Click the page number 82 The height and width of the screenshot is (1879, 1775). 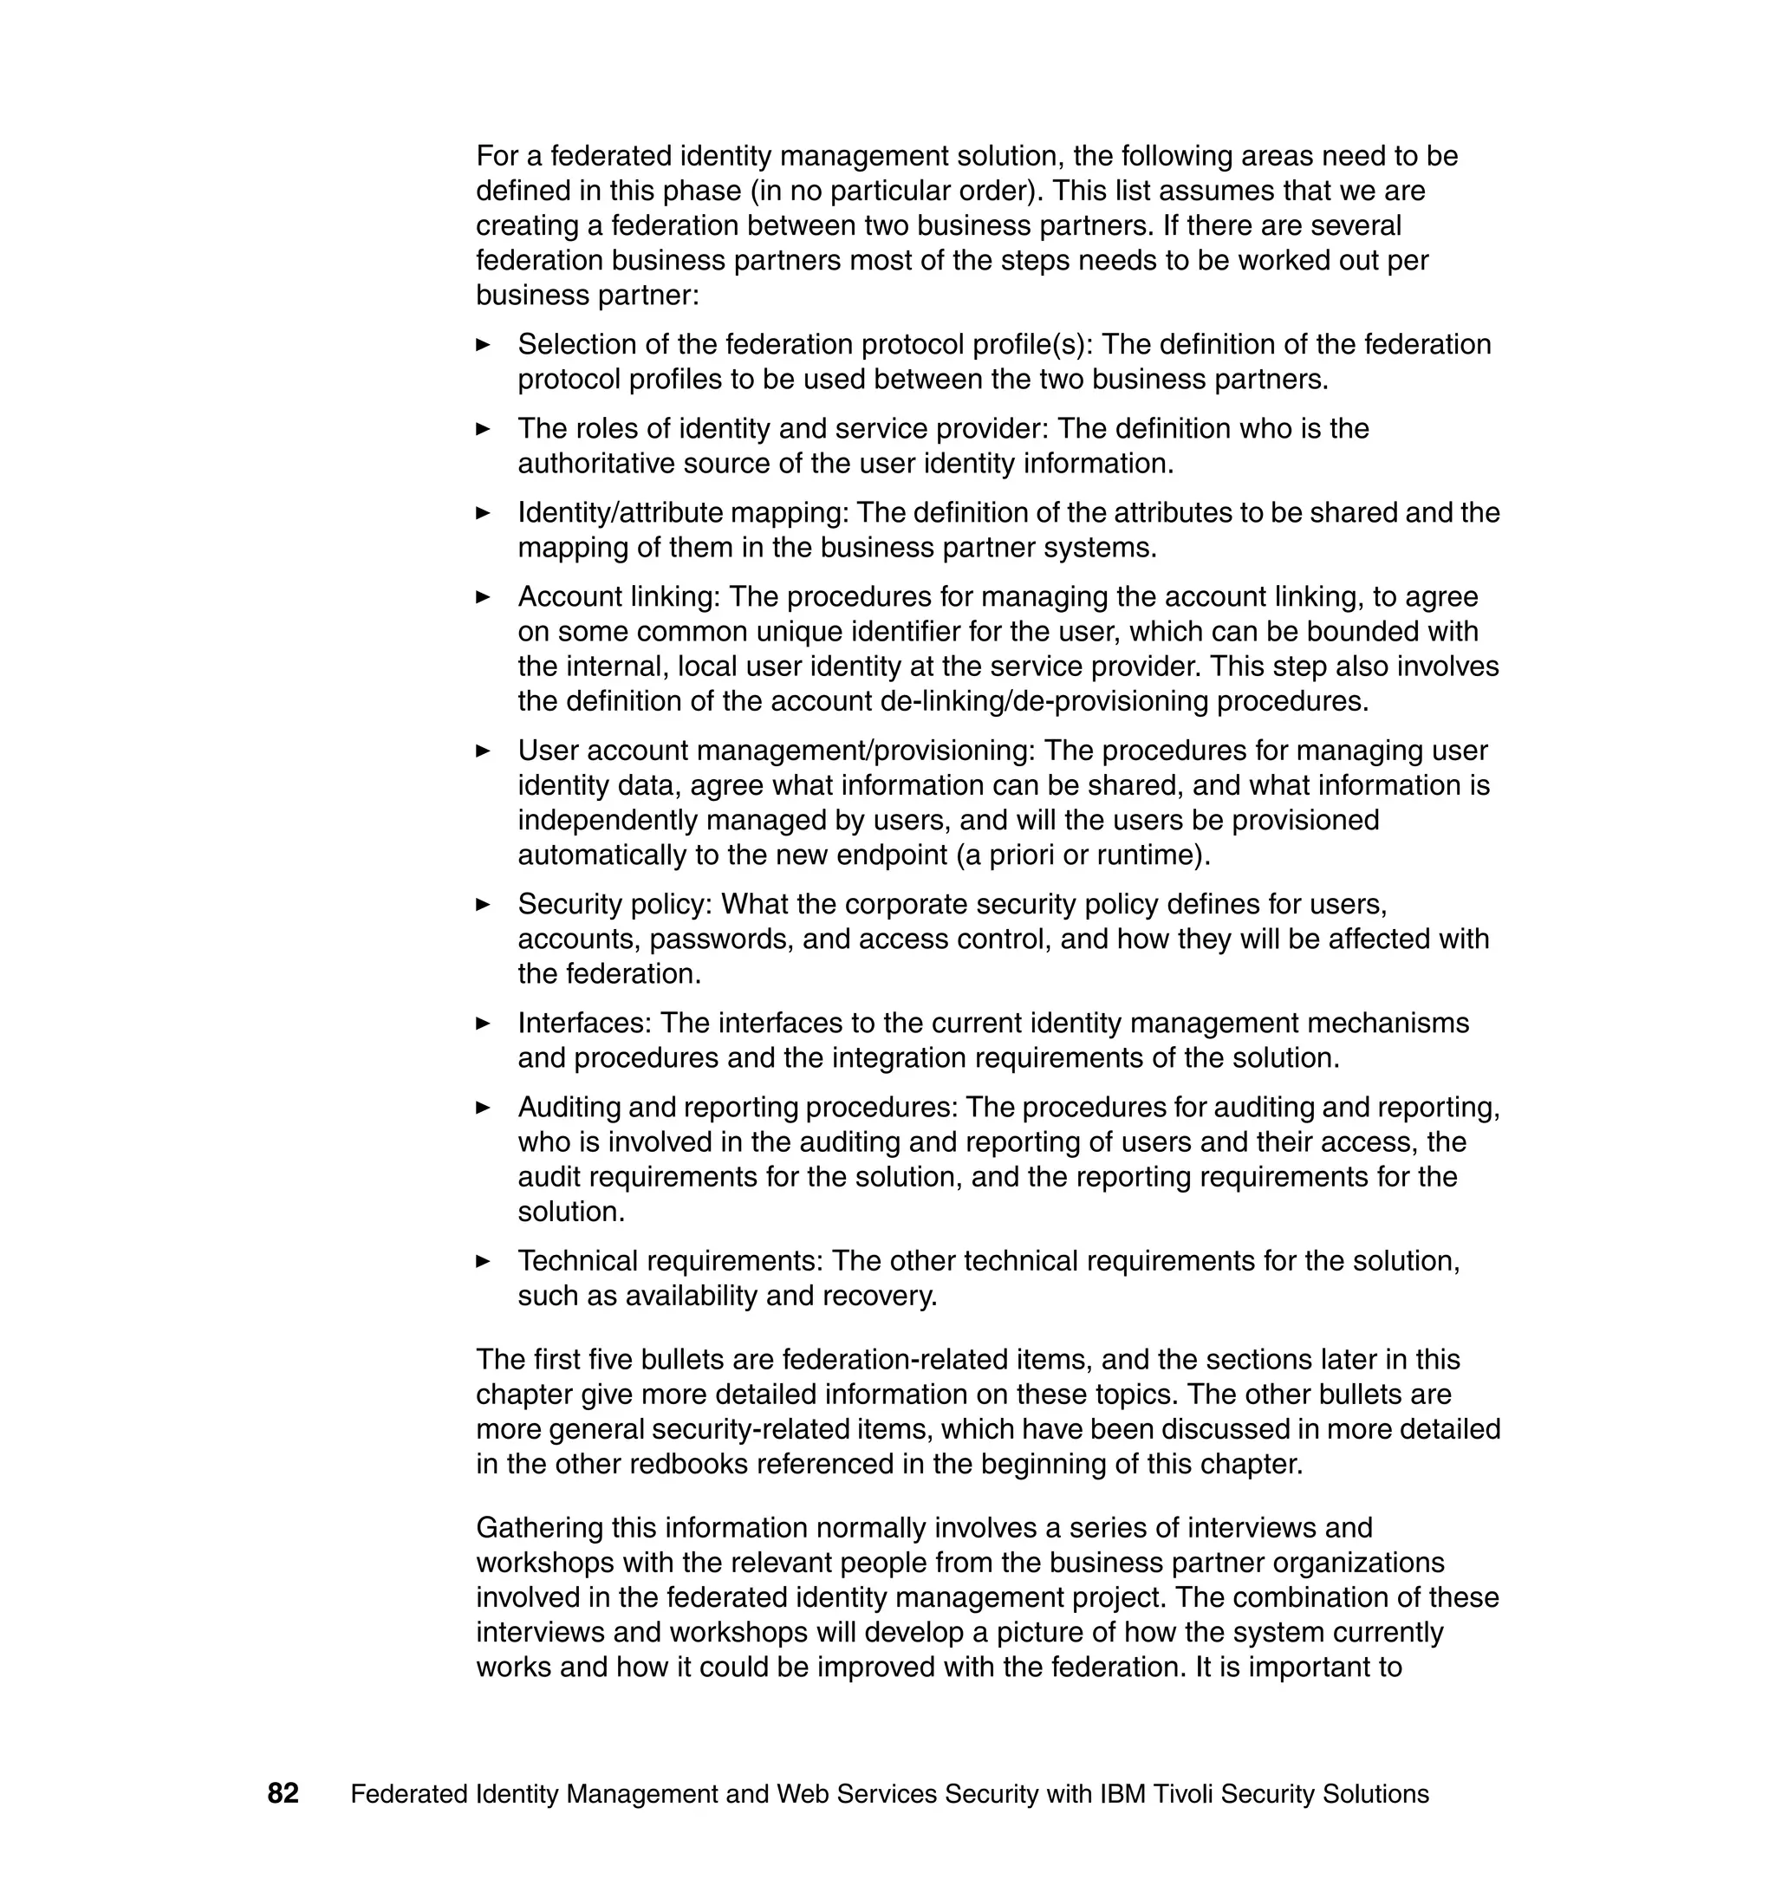point(283,1793)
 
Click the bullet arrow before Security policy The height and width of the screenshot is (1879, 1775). point(483,905)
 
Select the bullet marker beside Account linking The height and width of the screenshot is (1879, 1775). point(483,597)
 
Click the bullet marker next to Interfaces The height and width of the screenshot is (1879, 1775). point(483,1023)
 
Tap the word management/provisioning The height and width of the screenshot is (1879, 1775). point(865,751)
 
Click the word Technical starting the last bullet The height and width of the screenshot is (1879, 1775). point(578,1261)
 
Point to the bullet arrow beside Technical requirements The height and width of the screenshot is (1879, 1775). point(483,1261)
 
